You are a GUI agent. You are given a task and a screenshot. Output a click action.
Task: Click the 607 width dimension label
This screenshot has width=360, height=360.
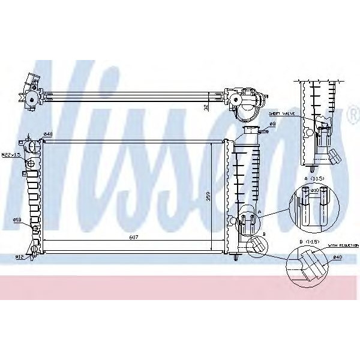coord(134,238)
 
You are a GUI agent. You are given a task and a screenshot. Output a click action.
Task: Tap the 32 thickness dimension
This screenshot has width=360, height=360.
coord(205,107)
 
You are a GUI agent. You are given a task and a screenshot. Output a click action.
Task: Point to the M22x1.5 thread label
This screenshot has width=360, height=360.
coord(11,155)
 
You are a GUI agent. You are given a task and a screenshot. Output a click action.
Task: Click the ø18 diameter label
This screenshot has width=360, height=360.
coord(17,220)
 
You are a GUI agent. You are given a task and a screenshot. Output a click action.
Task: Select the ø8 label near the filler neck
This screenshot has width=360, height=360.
coord(272,124)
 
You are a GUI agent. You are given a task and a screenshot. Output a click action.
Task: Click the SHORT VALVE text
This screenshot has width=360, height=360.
coord(280,113)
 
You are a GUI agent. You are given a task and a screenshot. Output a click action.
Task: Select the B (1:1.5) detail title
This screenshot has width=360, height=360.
coord(313,240)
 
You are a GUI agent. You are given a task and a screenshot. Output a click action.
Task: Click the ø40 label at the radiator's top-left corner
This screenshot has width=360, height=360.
coord(48,133)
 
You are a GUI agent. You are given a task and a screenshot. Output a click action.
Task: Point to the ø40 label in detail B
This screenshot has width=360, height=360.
coord(338,258)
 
